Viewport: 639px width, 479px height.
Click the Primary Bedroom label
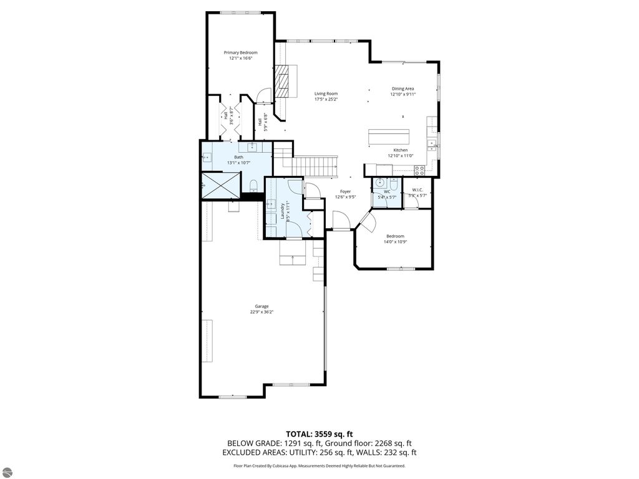240,53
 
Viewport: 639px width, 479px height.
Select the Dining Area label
402,89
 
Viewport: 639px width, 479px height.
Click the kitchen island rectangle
388,136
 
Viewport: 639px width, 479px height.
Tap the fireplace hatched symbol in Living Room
284,80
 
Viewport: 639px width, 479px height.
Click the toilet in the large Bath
253,185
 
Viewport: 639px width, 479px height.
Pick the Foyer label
345,191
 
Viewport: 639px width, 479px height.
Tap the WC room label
387,191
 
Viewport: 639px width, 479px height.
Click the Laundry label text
283,208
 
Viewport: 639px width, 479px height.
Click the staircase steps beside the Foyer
315,166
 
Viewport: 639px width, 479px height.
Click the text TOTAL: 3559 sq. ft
319,433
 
